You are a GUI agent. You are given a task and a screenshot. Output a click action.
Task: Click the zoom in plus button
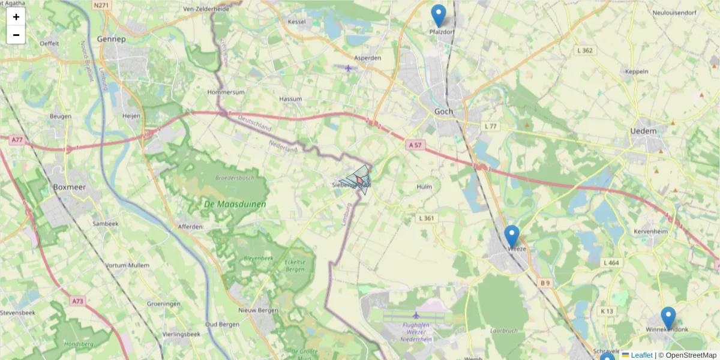tap(16, 17)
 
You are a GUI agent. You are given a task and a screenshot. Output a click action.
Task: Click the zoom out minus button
tap(16, 35)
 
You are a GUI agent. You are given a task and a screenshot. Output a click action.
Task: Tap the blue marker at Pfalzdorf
tap(439, 16)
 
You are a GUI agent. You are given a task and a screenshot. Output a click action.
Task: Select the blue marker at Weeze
tap(511, 236)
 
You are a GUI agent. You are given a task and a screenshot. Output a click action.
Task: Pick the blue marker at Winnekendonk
tap(668, 318)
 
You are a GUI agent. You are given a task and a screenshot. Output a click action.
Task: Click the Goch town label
tap(444, 112)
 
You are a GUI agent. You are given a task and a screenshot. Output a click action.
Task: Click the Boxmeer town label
tap(70, 187)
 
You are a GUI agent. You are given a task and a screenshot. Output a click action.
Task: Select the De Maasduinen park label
tap(235, 205)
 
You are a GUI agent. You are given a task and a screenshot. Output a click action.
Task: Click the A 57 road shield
tap(416, 145)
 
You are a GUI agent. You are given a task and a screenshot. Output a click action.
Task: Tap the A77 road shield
tap(16, 139)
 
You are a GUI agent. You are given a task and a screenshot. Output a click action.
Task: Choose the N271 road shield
tap(101, 4)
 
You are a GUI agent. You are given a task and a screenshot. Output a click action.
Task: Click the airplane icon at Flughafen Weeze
tap(416, 315)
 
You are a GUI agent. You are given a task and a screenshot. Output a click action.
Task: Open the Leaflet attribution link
tap(641, 355)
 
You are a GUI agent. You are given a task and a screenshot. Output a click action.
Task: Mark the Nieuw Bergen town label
tap(258, 310)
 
